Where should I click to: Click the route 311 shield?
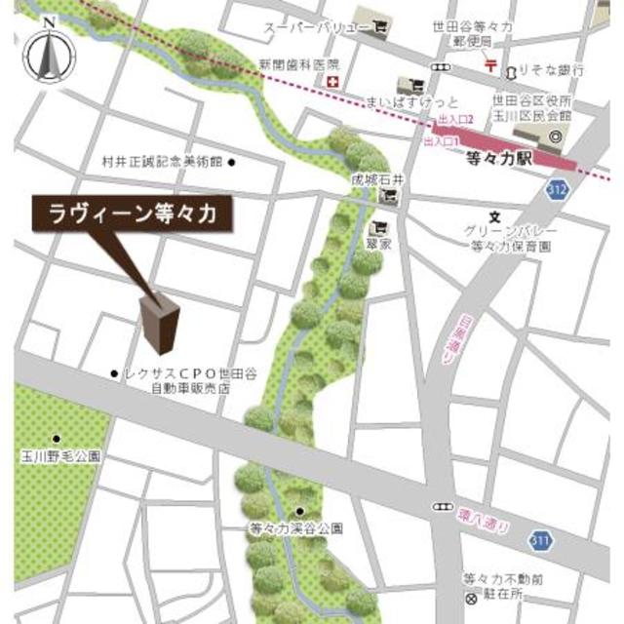pyautogui.click(x=541, y=539)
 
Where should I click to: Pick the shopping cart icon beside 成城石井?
pyautogui.click(x=390, y=196)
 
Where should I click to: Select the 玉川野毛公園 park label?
pyautogui.click(x=60, y=454)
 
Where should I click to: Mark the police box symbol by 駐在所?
pyautogui.click(x=472, y=596)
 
